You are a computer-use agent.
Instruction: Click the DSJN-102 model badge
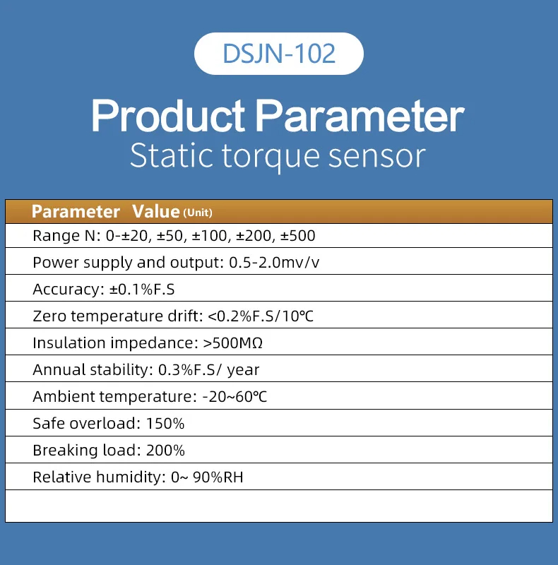[x=278, y=54]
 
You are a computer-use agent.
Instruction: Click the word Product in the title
[x=168, y=116]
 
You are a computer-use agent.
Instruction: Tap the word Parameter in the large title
[x=360, y=116]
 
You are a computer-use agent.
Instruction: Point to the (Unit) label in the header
[x=198, y=213]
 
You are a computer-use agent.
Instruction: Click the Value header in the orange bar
[x=155, y=211]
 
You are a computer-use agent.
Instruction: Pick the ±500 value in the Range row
[x=298, y=236]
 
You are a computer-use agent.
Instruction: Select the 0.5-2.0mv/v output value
[x=274, y=263]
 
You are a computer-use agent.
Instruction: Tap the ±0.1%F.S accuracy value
[x=142, y=290]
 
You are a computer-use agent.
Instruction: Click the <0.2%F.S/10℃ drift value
[x=261, y=316]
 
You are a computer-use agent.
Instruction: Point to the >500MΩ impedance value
[x=233, y=343]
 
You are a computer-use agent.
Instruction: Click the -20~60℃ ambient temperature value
[x=235, y=397]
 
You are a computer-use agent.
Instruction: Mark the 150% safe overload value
[x=165, y=424]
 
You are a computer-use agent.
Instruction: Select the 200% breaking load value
[x=165, y=451]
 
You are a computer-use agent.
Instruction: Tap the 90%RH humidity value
[x=218, y=477]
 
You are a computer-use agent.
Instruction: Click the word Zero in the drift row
[x=49, y=316]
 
